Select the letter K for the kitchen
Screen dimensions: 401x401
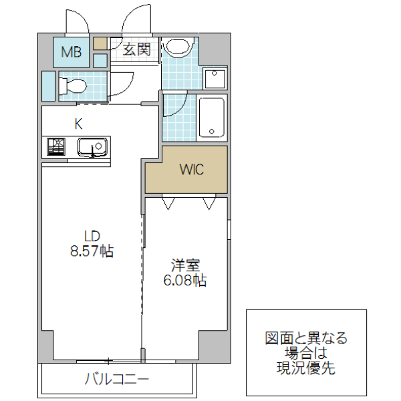(78, 124)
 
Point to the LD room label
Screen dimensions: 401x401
(92, 236)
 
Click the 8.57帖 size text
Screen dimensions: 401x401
(92, 251)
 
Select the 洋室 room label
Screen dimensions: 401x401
(185, 265)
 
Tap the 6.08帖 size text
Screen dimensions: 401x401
(185, 281)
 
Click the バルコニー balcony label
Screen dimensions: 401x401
(117, 380)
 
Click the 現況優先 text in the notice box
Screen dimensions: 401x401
(306, 367)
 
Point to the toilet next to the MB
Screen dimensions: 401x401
(72, 86)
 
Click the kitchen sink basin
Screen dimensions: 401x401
(92, 146)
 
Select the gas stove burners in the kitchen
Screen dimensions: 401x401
(55, 146)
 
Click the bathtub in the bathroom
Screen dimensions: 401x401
(212, 118)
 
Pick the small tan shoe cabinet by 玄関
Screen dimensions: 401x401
(100, 43)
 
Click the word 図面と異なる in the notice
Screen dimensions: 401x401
(306, 338)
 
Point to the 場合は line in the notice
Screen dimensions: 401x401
(306, 352)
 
